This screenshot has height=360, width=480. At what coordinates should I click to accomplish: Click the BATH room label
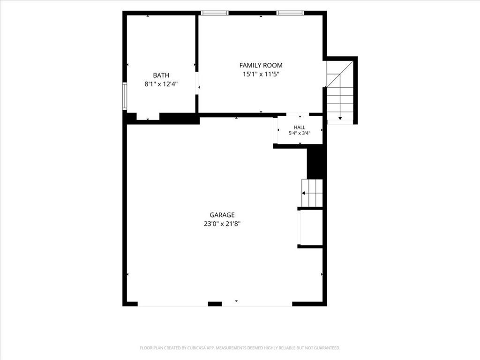pos(161,75)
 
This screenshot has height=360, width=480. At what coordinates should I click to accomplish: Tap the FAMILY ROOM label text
pos(261,65)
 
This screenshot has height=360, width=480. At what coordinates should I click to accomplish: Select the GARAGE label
pos(222,215)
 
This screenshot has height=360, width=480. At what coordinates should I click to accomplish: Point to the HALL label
pos(300,127)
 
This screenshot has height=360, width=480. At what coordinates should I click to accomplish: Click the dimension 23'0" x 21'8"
pos(222,224)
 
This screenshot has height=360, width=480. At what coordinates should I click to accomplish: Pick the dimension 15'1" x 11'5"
pos(261,74)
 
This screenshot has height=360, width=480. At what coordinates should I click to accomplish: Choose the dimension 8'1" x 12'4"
pos(161,84)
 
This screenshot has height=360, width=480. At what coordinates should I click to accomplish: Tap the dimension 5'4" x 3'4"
pos(300,133)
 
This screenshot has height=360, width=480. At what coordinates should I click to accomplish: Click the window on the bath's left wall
pos(125,96)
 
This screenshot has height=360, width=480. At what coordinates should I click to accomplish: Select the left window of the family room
pos(215,13)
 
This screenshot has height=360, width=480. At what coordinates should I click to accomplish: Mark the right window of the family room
pos(290,13)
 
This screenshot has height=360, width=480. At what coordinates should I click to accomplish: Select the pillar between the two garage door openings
pos(215,304)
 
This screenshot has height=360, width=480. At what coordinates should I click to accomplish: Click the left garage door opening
pos(173,305)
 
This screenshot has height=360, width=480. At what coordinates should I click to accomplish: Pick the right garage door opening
pos(257,305)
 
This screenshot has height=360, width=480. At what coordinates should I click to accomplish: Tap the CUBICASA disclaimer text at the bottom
pos(240,348)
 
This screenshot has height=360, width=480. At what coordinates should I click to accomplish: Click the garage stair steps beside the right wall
pos(312,193)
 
